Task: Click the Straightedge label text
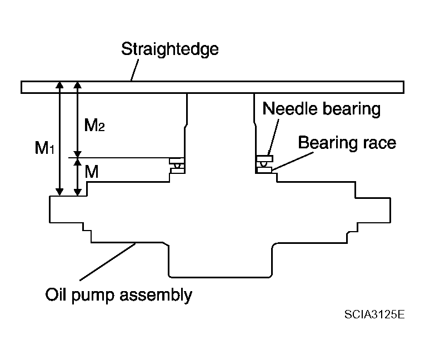coord(169,49)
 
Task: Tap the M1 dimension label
coord(45,148)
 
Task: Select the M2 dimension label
coord(94,125)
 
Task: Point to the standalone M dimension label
coord(91,172)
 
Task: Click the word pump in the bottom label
coord(93,296)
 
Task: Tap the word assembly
coord(156,295)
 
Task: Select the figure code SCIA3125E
coord(374,314)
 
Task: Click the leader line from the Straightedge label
coord(134,70)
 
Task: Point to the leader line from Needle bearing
coord(273,137)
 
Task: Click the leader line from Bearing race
coord(293,161)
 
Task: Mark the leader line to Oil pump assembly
coord(108,262)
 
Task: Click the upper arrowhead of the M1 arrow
coord(59,85)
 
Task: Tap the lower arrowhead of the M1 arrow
coord(59,192)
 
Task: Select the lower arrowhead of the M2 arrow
coord(78,154)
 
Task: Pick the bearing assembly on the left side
coord(177,166)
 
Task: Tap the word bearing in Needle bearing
coord(352,109)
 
